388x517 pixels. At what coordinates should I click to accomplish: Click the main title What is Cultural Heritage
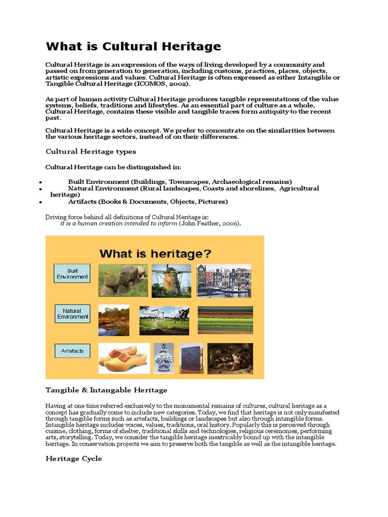tap(133, 47)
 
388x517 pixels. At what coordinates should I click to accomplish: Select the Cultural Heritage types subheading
tap(90, 151)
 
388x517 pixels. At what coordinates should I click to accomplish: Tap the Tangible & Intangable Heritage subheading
tap(106, 390)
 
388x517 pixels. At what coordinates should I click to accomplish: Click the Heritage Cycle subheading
tap(74, 458)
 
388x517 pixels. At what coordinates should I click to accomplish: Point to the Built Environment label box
tap(72, 274)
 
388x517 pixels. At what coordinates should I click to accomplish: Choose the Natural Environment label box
tap(72, 314)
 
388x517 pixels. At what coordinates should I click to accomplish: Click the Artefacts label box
tap(72, 351)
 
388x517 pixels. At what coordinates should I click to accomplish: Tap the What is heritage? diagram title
tap(155, 253)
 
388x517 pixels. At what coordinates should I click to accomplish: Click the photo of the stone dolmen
tap(123, 280)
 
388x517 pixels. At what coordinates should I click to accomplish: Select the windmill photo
tap(171, 280)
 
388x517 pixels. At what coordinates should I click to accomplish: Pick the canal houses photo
tap(224, 280)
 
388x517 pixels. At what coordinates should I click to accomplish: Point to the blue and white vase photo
tap(164, 358)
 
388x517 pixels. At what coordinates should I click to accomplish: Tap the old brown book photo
tap(192, 358)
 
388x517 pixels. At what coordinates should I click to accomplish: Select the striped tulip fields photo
tap(225, 320)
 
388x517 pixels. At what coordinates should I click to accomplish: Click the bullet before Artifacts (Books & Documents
tap(39, 202)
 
